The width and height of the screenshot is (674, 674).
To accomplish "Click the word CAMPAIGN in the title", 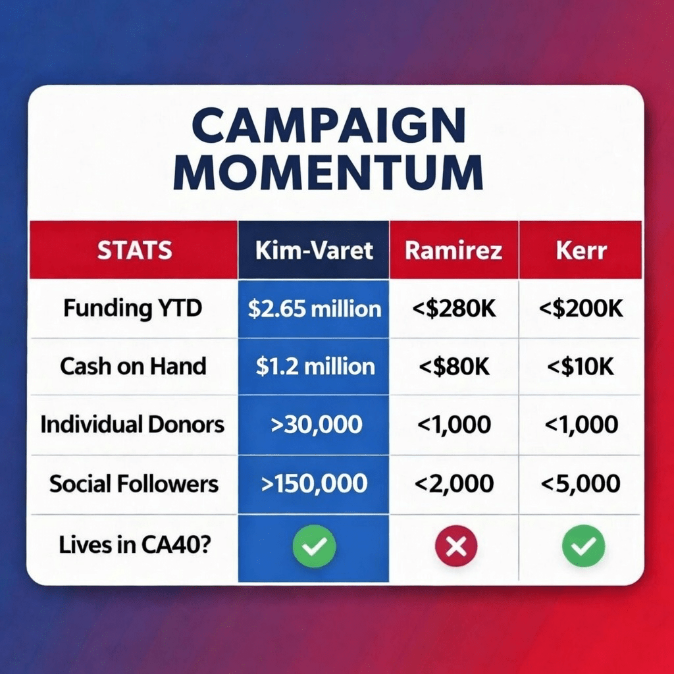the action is (x=328, y=125).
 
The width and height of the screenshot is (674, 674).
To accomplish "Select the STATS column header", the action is (x=134, y=250).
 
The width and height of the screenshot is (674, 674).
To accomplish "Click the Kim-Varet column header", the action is (x=314, y=250).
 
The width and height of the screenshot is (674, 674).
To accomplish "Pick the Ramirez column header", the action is (x=454, y=250).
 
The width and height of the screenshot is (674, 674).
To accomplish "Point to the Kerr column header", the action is (x=581, y=250).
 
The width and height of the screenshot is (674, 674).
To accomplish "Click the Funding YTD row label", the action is (x=133, y=308).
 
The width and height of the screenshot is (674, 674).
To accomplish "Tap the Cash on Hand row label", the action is (x=133, y=366).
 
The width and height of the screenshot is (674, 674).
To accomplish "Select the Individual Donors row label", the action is (x=132, y=425).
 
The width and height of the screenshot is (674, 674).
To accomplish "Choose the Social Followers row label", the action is (x=134, y=484).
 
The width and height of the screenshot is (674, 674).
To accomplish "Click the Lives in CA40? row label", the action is (x=135, y=544).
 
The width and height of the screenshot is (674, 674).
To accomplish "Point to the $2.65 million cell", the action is (x=314, y=309).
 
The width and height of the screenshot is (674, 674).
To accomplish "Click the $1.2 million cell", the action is (x=315, y=367).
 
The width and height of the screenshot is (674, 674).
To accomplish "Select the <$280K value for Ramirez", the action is (x=454, y=309).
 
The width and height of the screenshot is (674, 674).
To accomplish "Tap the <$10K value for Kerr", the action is (x=581, y=367).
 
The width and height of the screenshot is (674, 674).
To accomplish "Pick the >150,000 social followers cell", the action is (x=314, y=484).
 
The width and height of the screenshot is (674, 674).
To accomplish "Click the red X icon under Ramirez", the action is (x=456, y=546).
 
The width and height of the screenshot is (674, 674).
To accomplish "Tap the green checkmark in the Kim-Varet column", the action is (x=314, y=546).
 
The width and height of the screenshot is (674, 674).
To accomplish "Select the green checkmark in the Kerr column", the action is (x=583, y=546).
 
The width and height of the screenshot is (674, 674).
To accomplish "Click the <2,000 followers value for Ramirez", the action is (x=454, y=484).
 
